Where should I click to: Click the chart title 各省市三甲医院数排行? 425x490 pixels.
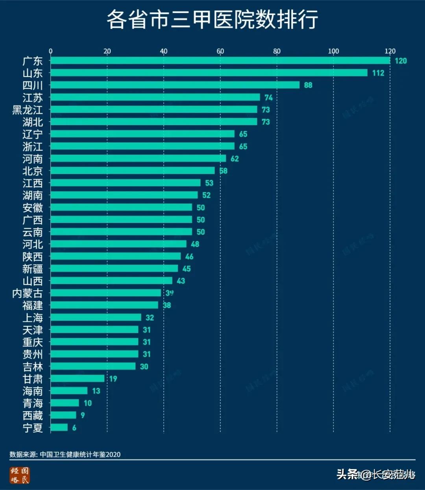[x=212, y=19]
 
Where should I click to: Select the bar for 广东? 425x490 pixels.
[x=220, y=61]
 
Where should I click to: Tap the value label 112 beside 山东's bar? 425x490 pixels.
[x=378, y=73]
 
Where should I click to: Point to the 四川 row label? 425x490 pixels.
[x=33, y=85]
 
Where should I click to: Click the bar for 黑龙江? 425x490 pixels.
[x=154, y=110]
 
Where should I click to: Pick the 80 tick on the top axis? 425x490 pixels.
[x=277, y=51]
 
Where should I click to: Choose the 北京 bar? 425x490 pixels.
[x=133, y=171]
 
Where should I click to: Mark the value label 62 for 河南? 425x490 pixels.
[x=235, y=159]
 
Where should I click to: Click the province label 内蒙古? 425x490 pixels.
[x=28, y=293]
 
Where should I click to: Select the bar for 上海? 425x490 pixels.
[x=96, y=317]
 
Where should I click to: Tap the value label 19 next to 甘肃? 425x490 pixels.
[x=113, y=379]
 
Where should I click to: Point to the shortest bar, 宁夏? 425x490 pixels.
[x=59, y=427]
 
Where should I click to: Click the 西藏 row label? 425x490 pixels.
[x=33, y=415]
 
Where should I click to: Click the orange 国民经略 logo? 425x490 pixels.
[x=20, y=475]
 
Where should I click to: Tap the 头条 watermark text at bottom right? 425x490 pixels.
[x=347, y=475]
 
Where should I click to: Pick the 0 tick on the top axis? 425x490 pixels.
[x=50, y=51]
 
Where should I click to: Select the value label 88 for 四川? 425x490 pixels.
[x=308, y=85]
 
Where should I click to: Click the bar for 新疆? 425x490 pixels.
[x=114, y=269]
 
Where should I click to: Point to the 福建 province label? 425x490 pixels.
[x=33, y=306]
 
